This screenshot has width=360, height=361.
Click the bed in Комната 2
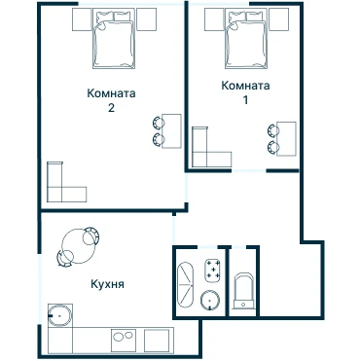[113, 39]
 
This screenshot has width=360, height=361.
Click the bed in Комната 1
[246, 39]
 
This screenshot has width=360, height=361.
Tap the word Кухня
[107, 284]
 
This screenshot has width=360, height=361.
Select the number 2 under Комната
[111, 108]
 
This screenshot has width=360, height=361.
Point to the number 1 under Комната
[245, 100]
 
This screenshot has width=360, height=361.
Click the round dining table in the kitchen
[78, 246]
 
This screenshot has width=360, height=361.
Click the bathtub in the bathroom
[186, 284]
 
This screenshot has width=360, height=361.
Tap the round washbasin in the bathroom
[210, 300]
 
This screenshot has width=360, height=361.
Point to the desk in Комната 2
[171, 131]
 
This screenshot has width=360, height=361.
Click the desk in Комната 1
[286, 139]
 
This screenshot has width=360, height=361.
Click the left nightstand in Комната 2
[82, 19]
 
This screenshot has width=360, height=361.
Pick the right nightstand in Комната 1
[278, 19]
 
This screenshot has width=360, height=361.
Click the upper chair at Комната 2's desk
[159, 123]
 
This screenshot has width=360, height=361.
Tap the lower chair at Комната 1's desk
[273, 147]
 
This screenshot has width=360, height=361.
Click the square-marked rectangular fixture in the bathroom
[213, 271]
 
